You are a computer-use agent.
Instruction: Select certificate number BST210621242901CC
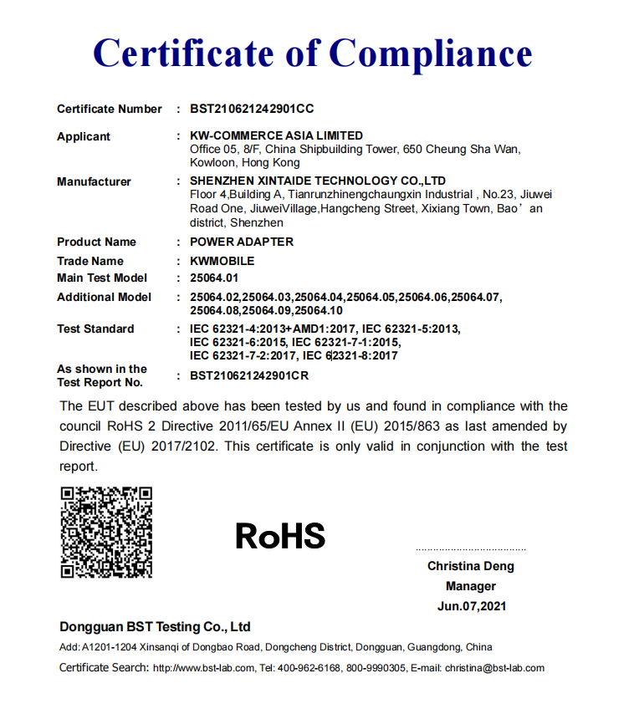(x=252, y=109)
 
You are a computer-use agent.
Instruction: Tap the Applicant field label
(x=84, y=136)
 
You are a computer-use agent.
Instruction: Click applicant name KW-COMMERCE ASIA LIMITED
(x=277, y=135)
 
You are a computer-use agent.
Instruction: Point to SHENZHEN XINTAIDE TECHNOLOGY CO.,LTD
(x=318, y=181)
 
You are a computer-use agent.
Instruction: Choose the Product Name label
(x=96, y=242)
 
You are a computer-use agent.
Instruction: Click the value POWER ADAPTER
(x=242, y=242)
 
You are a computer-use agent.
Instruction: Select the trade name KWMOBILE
(x=222, y=261)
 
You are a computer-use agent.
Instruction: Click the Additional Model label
(x=105, y=297)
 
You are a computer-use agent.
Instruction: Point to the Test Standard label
(x=95, y=329)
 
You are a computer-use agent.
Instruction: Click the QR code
(x=106, y=532)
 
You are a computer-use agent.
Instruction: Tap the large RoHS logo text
(x=280, y=536)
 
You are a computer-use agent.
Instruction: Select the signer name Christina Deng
(x=471, y=566)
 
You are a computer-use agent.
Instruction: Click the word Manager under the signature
(x=471, y=586)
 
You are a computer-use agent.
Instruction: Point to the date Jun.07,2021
(x=472, y=606)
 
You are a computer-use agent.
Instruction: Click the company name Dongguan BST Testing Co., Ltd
(x=155, y=627)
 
